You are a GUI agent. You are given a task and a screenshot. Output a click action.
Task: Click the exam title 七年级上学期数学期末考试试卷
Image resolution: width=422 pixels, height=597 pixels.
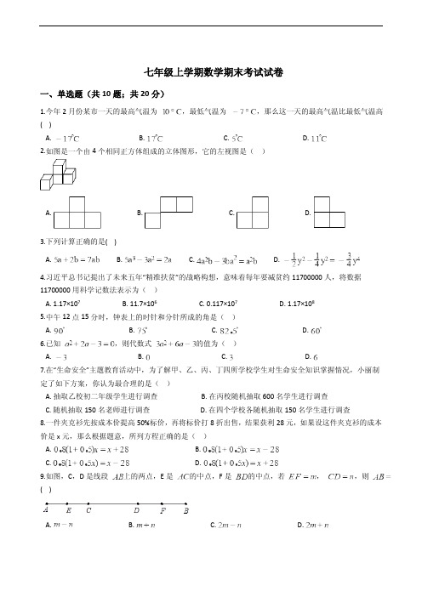click(x=212, y=73)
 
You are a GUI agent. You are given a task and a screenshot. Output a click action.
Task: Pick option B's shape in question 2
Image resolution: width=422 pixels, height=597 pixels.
click(x=170, y=209)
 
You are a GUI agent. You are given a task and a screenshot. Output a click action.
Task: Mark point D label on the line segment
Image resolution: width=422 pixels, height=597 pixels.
click(x=136, y=511)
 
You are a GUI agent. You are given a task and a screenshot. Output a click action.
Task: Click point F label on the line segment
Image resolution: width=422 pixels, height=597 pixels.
click(x=163, y=511)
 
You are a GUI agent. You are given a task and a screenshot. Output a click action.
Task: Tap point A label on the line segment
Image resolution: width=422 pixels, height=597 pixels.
click(x=46, y=511)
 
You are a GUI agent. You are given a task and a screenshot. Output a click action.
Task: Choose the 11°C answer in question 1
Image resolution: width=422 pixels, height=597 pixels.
click(x=318, y=138)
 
